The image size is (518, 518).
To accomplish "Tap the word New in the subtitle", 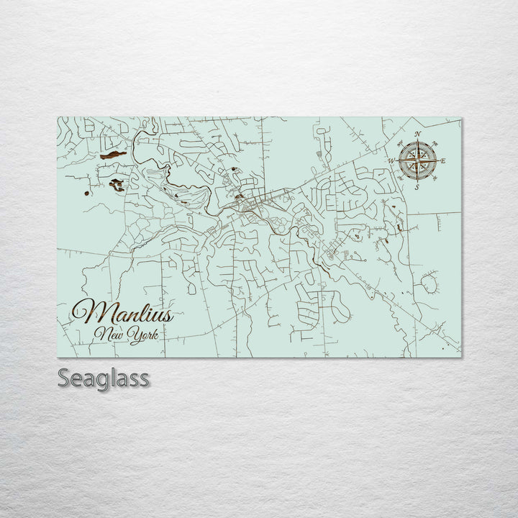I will click(110, 335).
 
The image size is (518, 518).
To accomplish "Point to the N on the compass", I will click(417, 134).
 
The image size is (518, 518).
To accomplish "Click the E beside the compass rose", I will click(442, 160).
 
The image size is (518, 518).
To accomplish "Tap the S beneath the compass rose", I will click(417, 186).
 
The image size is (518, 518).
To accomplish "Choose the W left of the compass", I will click(392, 160).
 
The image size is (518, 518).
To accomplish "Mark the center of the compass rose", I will click(417, 160).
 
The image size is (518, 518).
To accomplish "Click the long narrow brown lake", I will click(113, 155).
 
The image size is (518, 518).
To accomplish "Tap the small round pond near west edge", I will click(86, 193).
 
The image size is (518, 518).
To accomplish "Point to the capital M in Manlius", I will click(88, 311).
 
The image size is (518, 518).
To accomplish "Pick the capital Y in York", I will click(132, 335).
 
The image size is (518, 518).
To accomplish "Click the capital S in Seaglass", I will click(63, 378).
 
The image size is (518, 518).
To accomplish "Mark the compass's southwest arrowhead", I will click(406, 171).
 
